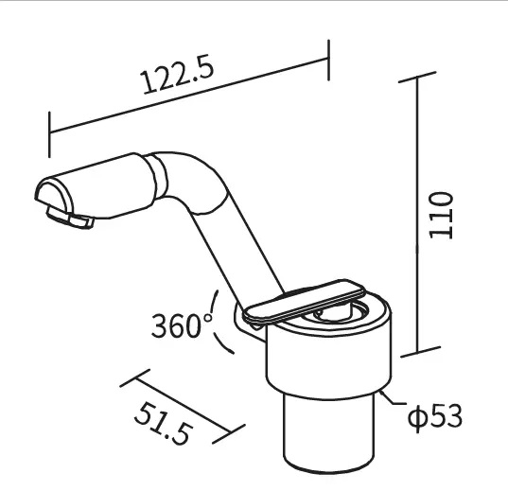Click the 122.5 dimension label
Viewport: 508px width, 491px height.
pyautogui.click(x=178, y=76)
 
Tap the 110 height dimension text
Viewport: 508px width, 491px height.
pyautogui.click(x=441, y=216)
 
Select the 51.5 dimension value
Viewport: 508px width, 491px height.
pyautogui.click(x=164, y=423)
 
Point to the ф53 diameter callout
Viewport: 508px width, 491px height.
pyautogui.click(x=435, y=417)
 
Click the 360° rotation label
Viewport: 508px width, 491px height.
pyautogui.click(x=182, y=325)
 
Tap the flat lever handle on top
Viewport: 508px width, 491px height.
pyautogui.click(x=305, y=302)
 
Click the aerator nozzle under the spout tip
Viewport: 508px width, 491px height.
pyautogui.click(x=70, y=218)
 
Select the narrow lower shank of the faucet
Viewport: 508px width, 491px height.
pyautogui.click(x=329, y=432)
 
